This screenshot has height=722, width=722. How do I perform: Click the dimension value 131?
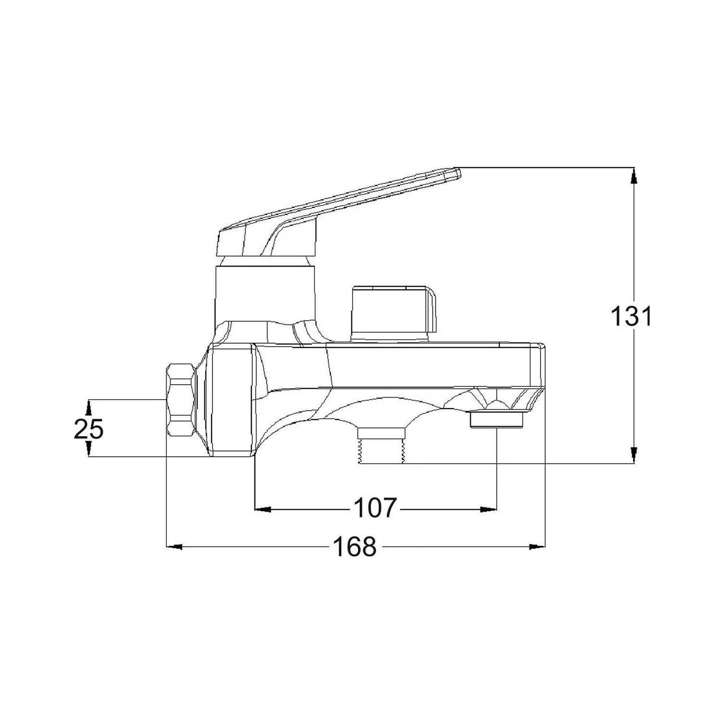point(631,317)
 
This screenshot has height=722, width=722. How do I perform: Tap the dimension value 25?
point(89,429)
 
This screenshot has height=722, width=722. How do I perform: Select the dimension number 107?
point(375,508)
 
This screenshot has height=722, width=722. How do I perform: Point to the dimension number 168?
point(355,547)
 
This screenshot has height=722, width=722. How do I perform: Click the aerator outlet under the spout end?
point(496,419)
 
